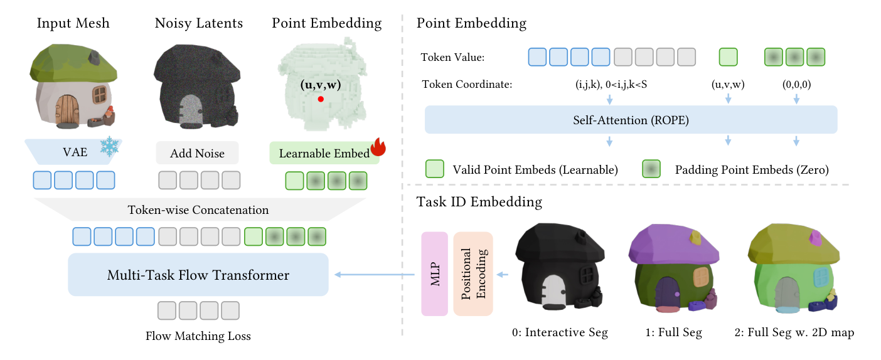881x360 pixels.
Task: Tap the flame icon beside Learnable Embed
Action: coord(378,147)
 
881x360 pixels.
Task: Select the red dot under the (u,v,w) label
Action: coord(321,99)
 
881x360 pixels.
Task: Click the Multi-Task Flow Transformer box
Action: coord(198,275)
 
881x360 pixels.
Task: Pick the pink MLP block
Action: coord(434,274)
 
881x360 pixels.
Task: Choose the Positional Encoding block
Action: coord(473,274)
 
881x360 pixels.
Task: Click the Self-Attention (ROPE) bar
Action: coord(631,120)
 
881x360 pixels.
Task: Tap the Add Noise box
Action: coord(197,154)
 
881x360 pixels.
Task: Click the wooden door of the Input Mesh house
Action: coord(67,108)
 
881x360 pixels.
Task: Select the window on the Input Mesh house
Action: coord(99,95)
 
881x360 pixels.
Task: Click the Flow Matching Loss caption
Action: coord(198,336)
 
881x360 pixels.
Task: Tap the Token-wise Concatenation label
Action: coord(198,210)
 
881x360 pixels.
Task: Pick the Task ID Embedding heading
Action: coord(479,202)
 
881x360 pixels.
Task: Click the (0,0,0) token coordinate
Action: coord(796,84)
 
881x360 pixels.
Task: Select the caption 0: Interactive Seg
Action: coord(560,332)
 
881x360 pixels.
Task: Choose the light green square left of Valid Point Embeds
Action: coord(435,169)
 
